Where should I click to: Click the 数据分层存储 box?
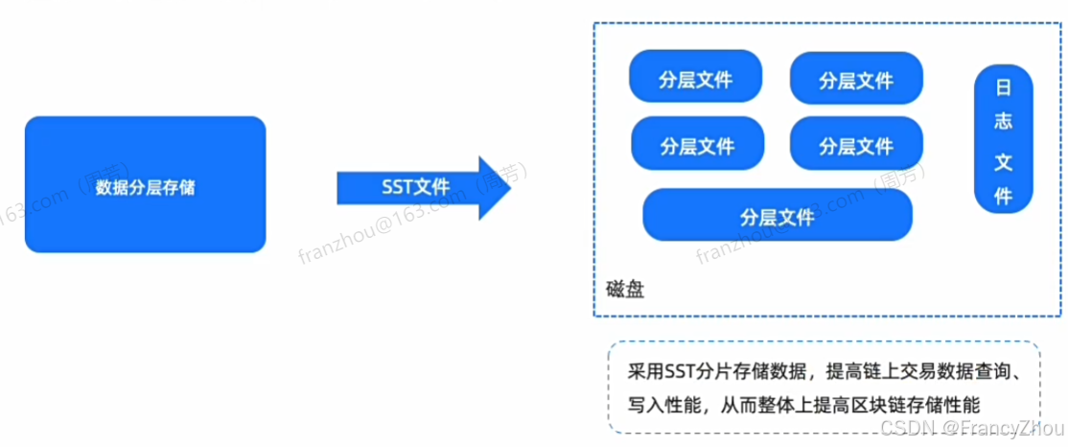(x=145, y=185)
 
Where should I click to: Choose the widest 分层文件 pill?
(x=777, y=215)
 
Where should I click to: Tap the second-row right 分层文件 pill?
(x=856, y=145)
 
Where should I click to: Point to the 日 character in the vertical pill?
(x=1004, y=88)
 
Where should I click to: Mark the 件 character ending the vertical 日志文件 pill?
(x=1004, y=196)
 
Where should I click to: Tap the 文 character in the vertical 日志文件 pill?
(x=1004, y=161)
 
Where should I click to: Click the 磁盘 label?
(x=626, y=290)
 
